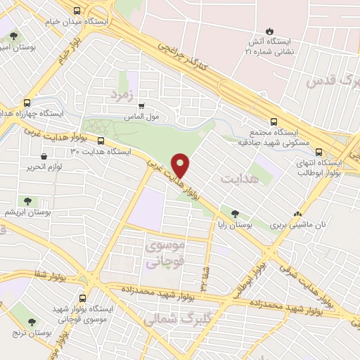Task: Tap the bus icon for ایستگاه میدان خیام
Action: click(77, 11)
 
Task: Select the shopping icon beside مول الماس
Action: click(141, 105)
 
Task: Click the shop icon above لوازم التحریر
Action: click(44, 155)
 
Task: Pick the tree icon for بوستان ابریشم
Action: click(29, 202)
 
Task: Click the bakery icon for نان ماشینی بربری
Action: click(298, 214)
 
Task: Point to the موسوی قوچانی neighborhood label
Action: click(165, 254)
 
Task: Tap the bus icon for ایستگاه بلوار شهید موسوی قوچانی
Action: click(84, 298)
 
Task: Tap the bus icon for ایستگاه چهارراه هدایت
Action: click(27, 102)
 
